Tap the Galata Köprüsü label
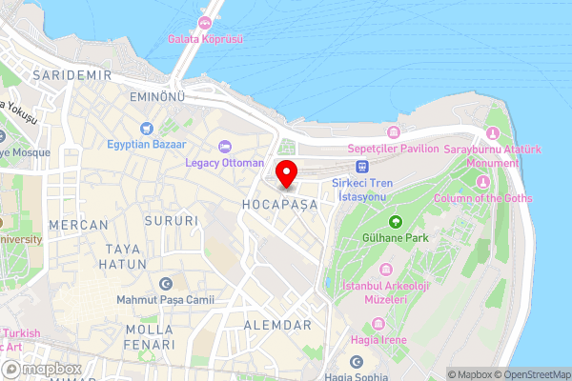(205, 39)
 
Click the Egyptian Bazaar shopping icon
(146, 129)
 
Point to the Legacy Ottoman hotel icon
(225, 146)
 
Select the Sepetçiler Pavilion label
(394, 149)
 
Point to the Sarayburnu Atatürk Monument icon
(493, 132)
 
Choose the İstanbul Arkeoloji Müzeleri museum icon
(385, 270)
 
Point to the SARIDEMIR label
(67, 74)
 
